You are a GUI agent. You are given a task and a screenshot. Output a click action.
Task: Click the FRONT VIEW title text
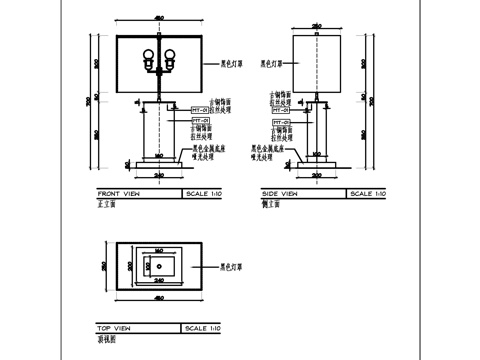point(118,193)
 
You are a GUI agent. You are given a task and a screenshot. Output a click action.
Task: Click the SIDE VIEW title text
point(280,193)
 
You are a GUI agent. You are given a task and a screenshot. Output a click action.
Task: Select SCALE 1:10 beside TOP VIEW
point(203,328)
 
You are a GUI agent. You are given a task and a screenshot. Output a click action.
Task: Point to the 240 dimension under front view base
point(159,176)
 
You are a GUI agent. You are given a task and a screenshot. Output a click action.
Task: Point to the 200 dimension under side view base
point(316,176)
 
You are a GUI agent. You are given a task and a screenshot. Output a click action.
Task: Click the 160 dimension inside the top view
point(159,252)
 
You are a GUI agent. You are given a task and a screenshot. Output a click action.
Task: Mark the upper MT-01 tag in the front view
point(198,109)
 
